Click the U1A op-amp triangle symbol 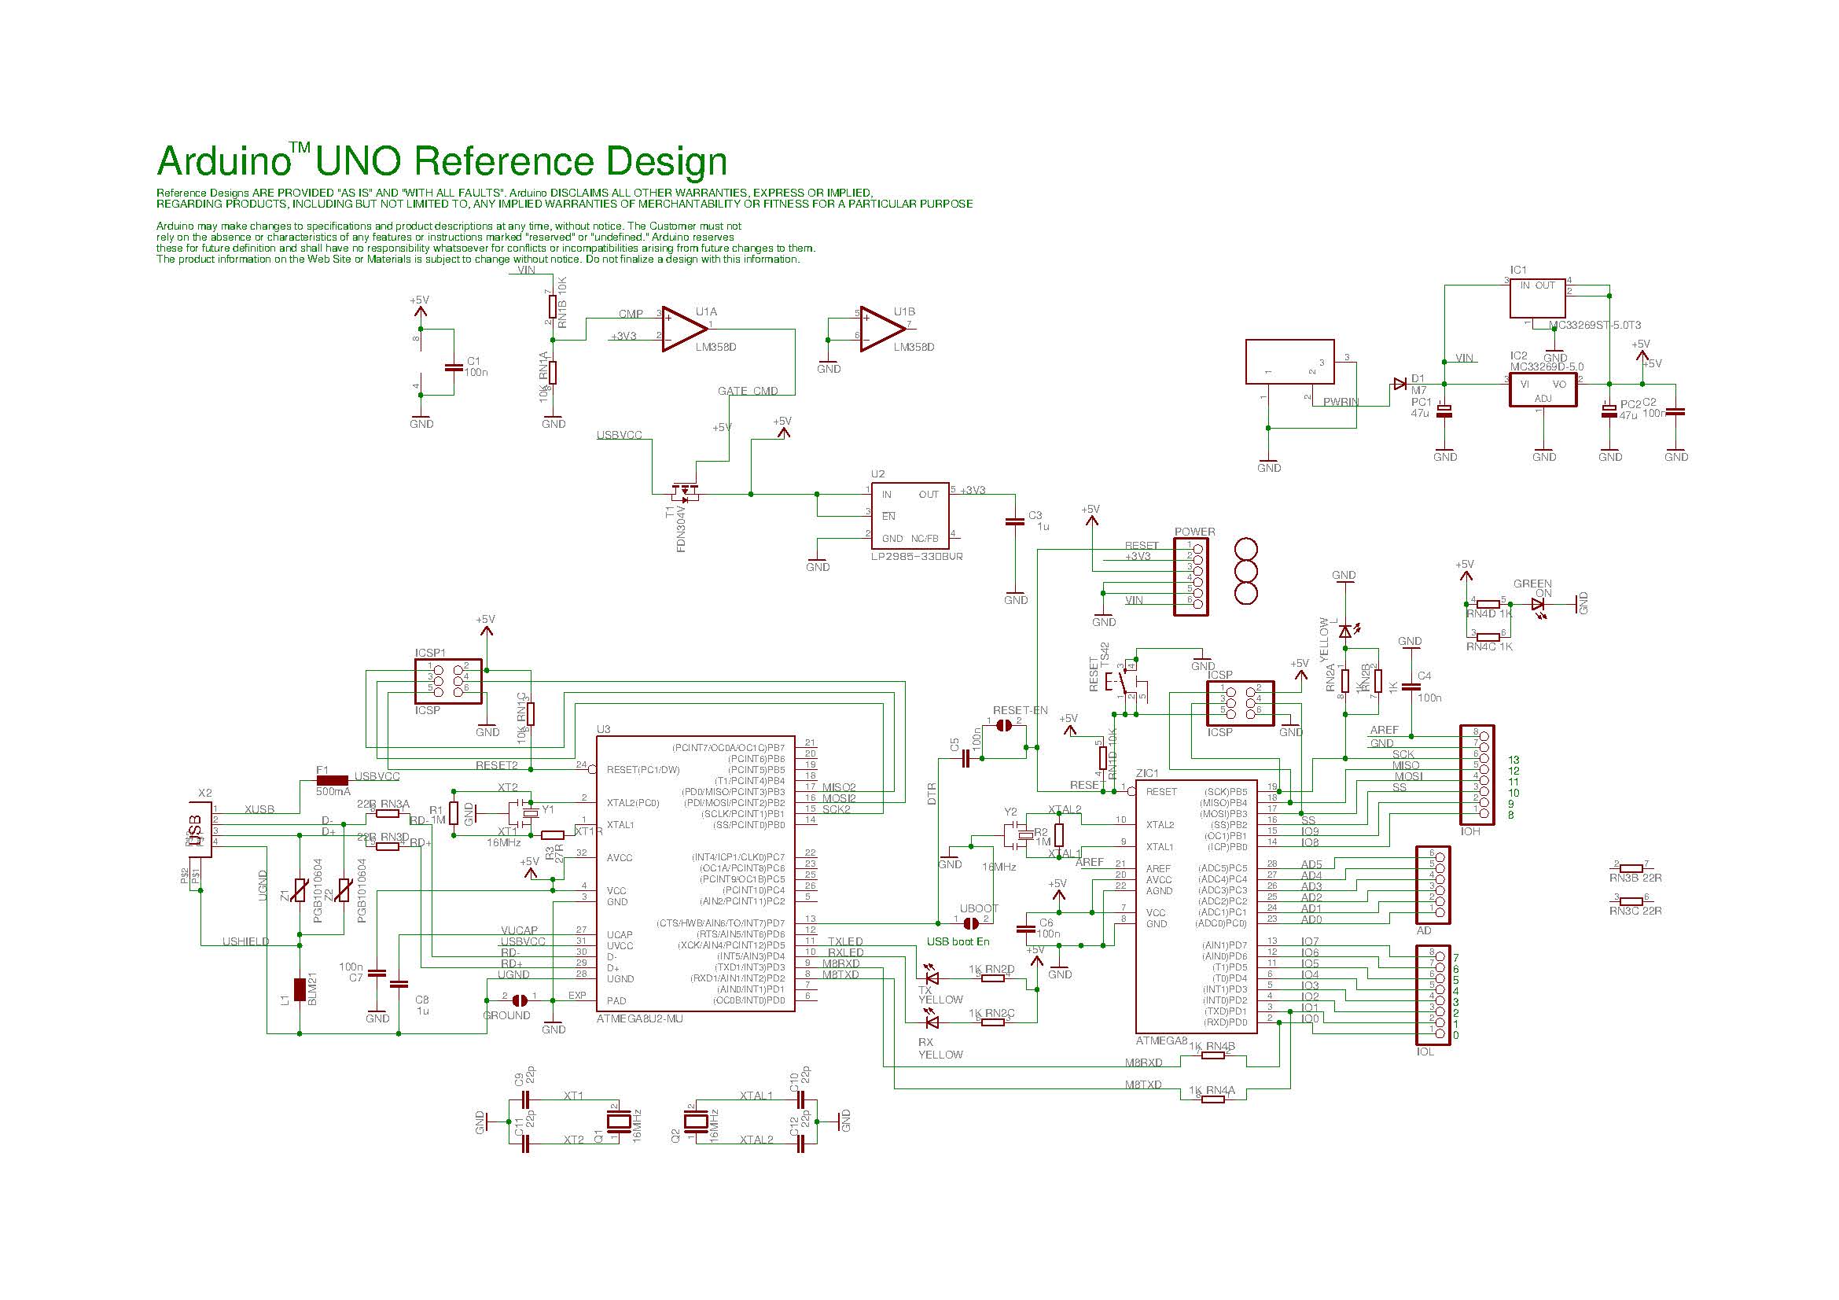pyautogui.click(x=682, y=330)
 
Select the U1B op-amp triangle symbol pyautogui.click(x=881, y=330)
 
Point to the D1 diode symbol pyautogui.click(x=1399, y=385)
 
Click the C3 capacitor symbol pyautogui.click(x=1015, y=521)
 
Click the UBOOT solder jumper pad pyautogui.click(x=971, y=923)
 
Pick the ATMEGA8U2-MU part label pyautogui.click(x=640, y=1019)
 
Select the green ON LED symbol pyautogui.click(x=1539, y=604)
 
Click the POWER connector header pyautogui.click(x=1190, y=576)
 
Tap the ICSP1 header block pyautogui.click(x=448, y=681)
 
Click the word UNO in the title pyautogui.click(x=359, y=162)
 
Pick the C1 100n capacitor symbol pyautogui.click(x=454, y=367)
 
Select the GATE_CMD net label pyautogui.click(x=747, y=391)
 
